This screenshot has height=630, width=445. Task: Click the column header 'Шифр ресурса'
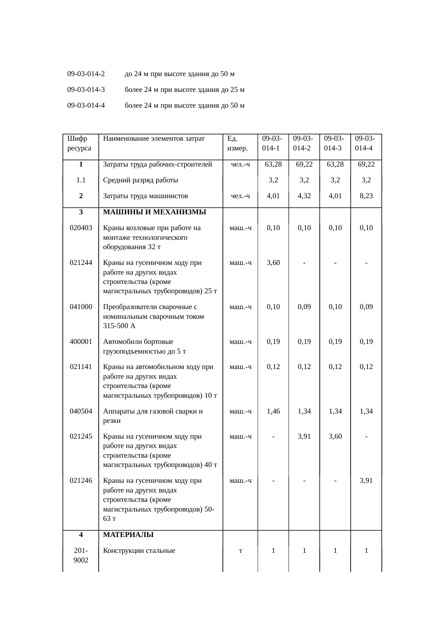pos(79,143)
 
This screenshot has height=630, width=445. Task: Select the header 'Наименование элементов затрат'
pos(154,138)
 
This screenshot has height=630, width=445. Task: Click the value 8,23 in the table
pos(366,196)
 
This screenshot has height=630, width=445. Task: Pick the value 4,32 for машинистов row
pos(304,196)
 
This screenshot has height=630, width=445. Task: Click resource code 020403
pos(81,228)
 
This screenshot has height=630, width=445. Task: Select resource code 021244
pos(81,263)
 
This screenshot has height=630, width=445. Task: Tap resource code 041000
pos(81,307)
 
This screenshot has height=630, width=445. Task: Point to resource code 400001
pos(81,342)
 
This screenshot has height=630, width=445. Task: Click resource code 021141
pos(81,367)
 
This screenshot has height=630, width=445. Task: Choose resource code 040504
pos(81,411)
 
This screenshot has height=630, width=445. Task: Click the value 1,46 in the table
pos(273,411)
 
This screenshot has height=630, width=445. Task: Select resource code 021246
pos(81,481)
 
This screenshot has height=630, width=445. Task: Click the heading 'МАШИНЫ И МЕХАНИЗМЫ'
pos(155,212)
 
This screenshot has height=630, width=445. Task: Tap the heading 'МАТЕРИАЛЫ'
pos(128,535)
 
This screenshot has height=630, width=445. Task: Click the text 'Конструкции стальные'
pos(139,551)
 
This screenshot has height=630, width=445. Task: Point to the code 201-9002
pos(81,555)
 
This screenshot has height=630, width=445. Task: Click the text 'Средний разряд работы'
pos(141,180)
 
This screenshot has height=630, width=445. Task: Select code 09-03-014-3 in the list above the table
pos(86,90)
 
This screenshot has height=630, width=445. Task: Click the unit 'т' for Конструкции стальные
pos(240,551)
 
